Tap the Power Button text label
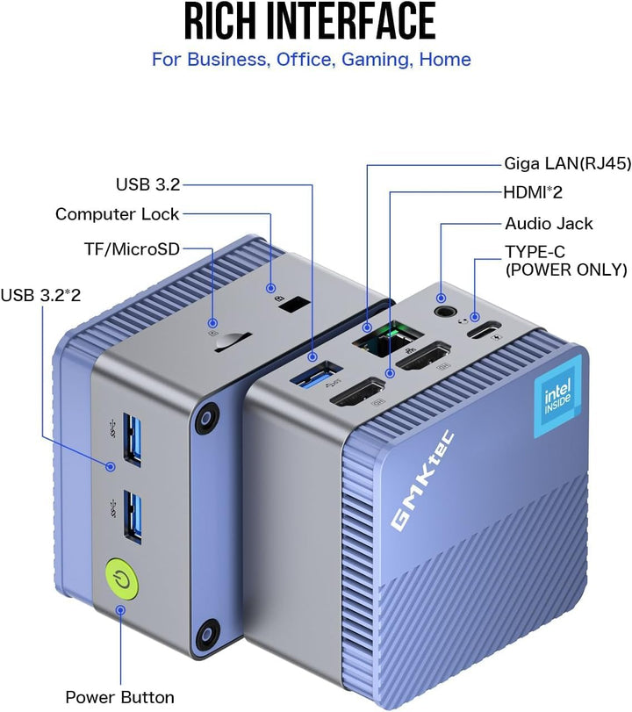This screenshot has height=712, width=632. click(x=120, y=697)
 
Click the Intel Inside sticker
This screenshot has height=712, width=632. click(x=558, y=396)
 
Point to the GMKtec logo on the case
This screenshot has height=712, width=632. click(x=422, y=480)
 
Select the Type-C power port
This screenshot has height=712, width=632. click(x=483, y=330)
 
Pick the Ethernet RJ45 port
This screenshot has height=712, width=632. click(x=387, y=338)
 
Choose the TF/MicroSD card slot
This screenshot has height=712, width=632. click(x=233, y=342)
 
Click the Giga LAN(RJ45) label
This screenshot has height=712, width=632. click(x=568, y=164)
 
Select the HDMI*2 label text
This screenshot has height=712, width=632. click(x=533, y=192)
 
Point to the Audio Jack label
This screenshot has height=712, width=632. click(x=549, y=223)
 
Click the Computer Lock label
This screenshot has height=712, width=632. click(x=117, y=214)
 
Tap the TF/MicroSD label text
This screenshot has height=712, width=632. click(x=133, y=249)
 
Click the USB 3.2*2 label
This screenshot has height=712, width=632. click(x=41, y=295)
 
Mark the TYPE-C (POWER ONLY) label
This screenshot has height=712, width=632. click(x=566, y=261)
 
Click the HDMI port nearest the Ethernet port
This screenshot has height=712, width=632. click(x=423, y=355)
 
